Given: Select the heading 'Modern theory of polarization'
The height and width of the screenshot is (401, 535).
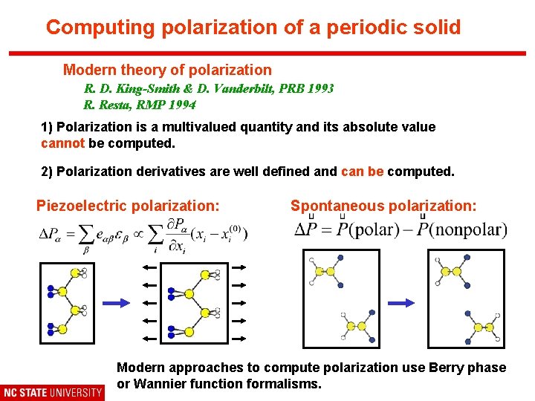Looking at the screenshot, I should (x=167, y=70).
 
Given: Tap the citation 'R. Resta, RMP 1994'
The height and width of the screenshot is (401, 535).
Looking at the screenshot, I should (x=140, y=105).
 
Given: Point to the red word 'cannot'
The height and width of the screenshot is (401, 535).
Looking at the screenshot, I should (x=62, y=143).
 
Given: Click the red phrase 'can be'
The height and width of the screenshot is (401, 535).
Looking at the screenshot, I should (x=362, y=172).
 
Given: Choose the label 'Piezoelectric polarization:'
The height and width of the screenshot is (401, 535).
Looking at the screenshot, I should (x=128, y=206).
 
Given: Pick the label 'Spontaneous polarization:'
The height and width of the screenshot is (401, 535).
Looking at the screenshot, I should (x=383, y=206).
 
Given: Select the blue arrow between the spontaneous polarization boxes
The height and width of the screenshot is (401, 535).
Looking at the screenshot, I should (x=402, y=302).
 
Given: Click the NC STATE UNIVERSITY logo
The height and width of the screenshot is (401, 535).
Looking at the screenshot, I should (x=53, y=392).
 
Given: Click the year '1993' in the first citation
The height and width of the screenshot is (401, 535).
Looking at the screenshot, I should (x=320, y=88).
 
